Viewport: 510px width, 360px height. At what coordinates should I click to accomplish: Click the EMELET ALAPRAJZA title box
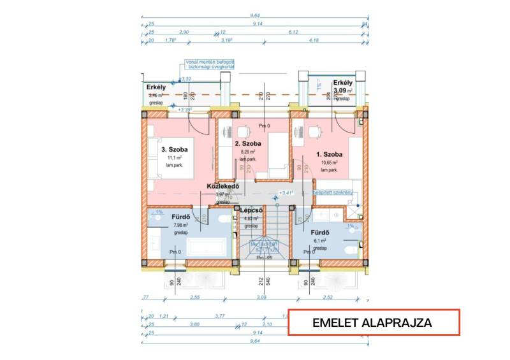click(374, 322)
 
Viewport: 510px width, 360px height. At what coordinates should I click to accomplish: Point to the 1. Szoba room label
click(329, 155)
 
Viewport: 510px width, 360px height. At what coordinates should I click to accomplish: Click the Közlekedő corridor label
click(222, 187)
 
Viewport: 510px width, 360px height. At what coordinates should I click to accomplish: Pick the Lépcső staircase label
click(251, 210)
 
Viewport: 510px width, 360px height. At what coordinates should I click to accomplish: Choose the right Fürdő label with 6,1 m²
click(319, 233)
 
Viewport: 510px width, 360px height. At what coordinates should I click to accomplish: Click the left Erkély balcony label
click(156, 87)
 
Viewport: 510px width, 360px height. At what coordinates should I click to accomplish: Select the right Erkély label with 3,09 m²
click(343, 83)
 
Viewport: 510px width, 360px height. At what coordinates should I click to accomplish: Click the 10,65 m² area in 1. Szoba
click(329, 162)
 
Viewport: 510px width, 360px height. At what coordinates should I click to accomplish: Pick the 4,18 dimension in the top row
click(314, 41)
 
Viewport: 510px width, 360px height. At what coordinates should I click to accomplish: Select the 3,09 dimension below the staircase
click(261, 298)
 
